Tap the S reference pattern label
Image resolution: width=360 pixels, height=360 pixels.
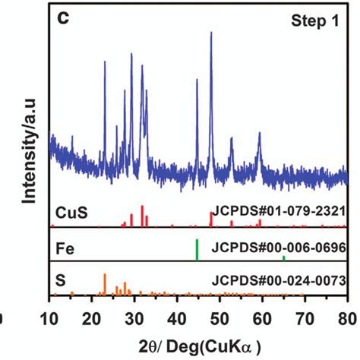point(62,280)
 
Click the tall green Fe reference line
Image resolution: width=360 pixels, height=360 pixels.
point(197,250)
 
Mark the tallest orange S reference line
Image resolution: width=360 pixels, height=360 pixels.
point(105,283)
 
